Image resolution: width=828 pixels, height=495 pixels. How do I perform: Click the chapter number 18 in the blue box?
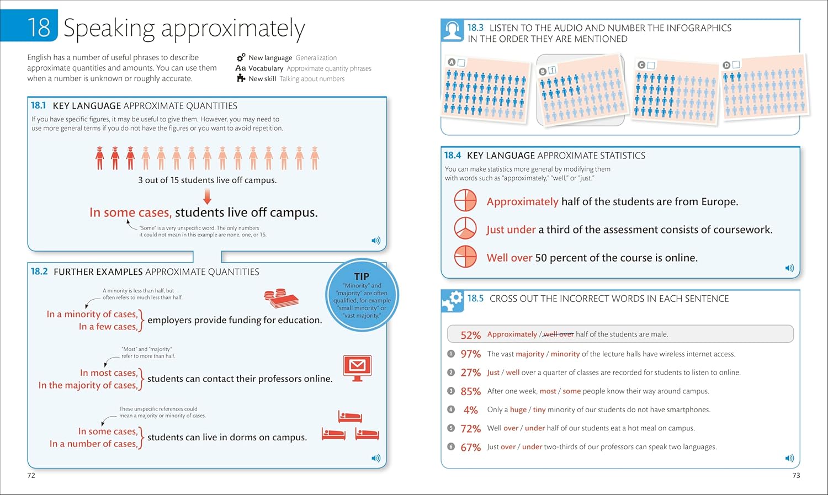(39, 27)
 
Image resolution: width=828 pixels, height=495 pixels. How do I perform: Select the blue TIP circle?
(362, 295)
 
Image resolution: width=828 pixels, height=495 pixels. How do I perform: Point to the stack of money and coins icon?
(281, 299)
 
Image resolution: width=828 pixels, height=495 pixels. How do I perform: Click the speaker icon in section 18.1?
(376, 241)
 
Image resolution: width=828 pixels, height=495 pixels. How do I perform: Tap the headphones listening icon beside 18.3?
(452, 31)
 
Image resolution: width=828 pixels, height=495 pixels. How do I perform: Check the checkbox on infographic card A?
(461, 62)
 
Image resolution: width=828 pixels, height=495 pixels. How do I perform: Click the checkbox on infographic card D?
(736, 65)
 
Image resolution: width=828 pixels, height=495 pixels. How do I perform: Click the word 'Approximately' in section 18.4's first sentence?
(522, 202)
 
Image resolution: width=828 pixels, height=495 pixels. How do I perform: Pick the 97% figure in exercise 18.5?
(471, 354)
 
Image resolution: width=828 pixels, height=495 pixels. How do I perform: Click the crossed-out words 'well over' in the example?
(559, 334)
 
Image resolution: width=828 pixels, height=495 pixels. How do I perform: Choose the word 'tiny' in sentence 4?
(539, 410)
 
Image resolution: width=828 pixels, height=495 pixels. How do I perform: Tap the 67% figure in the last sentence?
(471, 448)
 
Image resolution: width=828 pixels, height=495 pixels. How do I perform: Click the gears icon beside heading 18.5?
(453, 301)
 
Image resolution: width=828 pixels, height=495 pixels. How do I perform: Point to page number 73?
(796, 475)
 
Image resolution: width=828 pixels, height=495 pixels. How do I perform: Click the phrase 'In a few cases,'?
(108, 327)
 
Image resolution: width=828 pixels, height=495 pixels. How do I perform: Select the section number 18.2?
(39, 272)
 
